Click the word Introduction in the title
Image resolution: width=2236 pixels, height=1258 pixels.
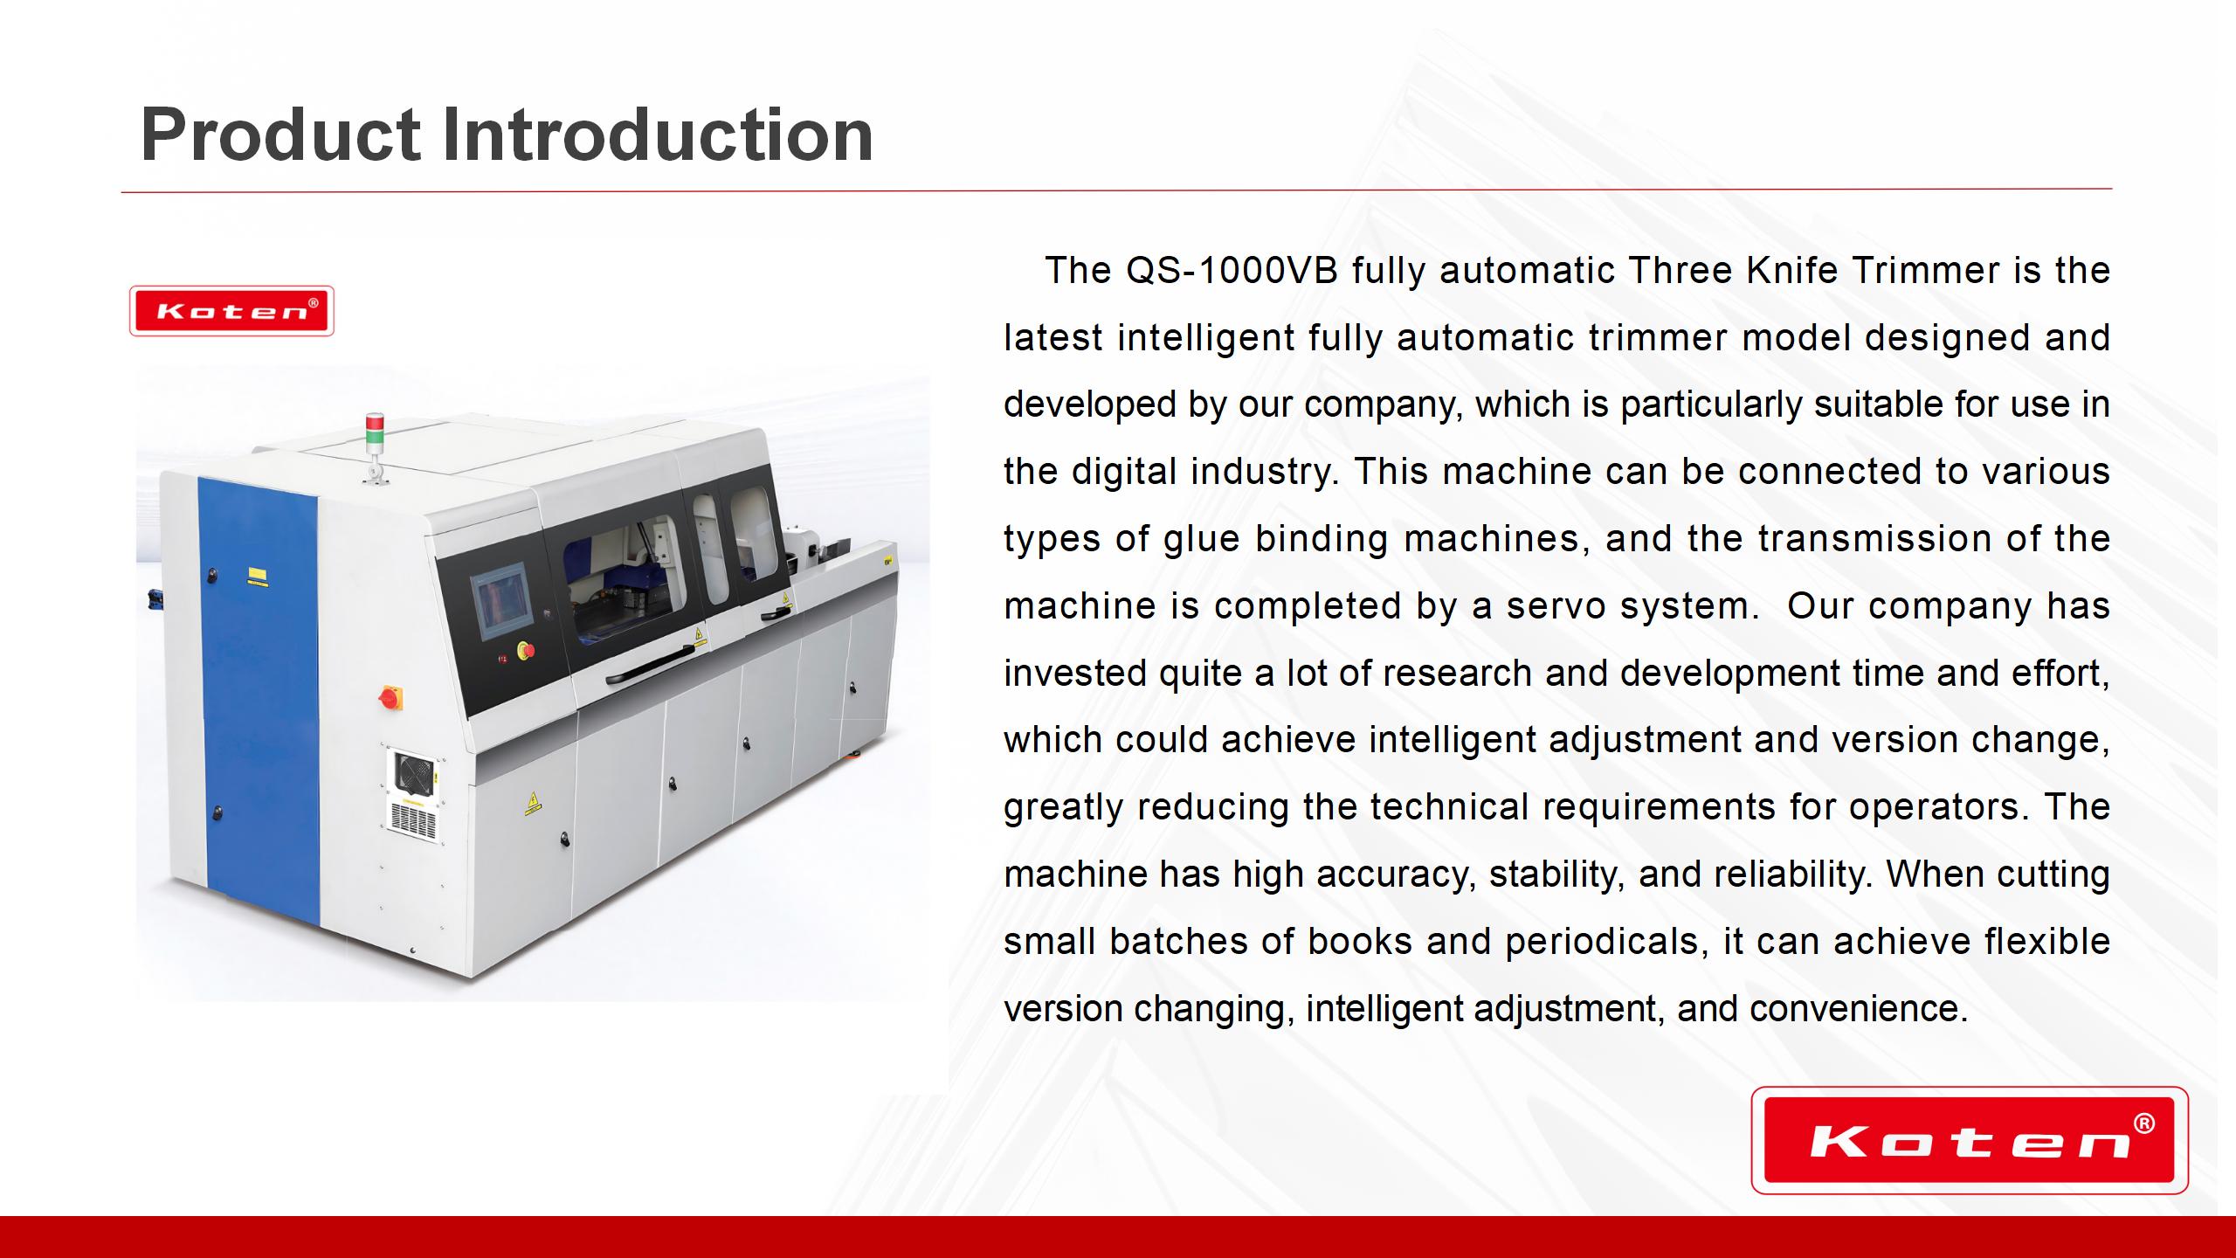point(657,135)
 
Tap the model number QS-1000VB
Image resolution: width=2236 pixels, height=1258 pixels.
point(1232,270)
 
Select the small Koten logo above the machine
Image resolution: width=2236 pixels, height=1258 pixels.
point(231,311)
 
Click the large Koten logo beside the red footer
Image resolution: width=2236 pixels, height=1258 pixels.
point(1969,1140)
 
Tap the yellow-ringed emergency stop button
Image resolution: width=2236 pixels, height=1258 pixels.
point(527,650)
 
